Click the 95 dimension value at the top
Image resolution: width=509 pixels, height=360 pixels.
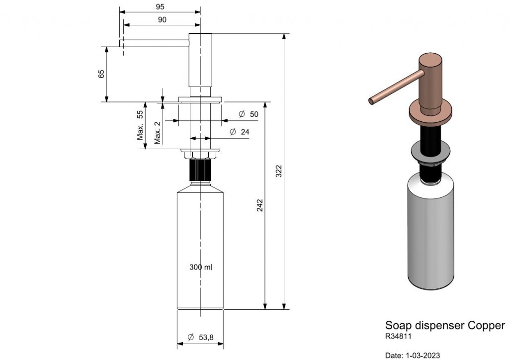pos(160,7)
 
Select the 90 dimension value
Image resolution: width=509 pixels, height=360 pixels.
pos(162,20)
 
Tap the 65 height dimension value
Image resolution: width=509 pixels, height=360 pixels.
pos(101,74)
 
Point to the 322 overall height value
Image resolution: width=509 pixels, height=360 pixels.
pos(279,171)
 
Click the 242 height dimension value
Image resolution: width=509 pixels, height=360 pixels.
pos(260,205)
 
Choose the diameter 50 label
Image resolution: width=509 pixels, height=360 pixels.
pos(249,114)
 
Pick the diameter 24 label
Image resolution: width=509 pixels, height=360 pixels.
pos(240,132)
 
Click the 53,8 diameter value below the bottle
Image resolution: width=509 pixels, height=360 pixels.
pos(201,337)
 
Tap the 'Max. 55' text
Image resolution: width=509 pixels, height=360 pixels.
pos(140,125)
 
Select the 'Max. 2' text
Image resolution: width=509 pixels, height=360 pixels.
pos(158,133)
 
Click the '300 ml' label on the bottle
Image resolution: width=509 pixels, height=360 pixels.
pos(201,267)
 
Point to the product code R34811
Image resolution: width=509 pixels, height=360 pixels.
pos(398,336)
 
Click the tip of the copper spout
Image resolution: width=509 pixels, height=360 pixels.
pos(371,101)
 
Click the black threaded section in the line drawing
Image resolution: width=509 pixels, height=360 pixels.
pos(200,170)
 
